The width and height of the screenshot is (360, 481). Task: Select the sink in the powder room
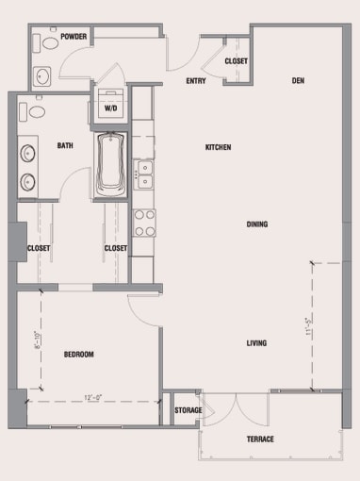click(42, 75)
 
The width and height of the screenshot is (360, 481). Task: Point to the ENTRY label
click(197, 80)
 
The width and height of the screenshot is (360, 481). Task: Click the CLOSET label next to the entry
click(237, 61)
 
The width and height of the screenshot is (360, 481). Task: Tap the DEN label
click(297, 80)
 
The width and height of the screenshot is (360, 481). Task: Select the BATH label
click(65, 145)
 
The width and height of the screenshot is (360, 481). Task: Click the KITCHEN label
click(219, 147)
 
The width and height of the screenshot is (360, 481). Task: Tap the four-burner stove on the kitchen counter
click(144, 223)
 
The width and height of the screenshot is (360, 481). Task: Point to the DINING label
click(257, 224)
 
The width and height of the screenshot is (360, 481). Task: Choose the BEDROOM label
click(79, 354)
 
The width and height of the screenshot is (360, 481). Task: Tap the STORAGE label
click(188, 410)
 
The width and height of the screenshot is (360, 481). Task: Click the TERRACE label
click(261, 440)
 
